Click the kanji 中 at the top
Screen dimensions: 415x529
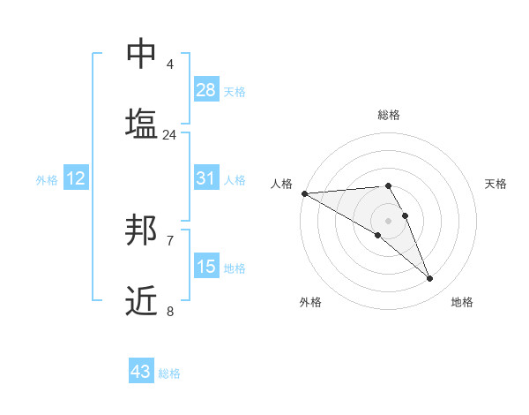[x=142, y=54]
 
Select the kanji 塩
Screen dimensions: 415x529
[x=142, y=123]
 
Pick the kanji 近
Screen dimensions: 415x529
[x=142, y=300]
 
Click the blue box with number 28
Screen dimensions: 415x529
[x=206, y=90]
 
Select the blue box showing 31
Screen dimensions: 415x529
[x=206, y=178]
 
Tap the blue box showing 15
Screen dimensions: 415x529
[x=206, y=266]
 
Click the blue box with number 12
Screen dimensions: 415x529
[x=76, y=178]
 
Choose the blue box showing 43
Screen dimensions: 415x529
[x=141, y=372]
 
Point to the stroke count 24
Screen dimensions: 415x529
[x=169, y=134]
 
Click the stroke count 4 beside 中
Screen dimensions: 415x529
[x=169, y=64]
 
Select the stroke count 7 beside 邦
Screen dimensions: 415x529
[x=169, y=240]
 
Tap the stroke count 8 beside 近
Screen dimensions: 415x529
[x=169, y=311]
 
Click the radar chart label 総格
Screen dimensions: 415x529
[x=389, y=115]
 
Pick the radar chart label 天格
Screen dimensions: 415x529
[x=495, y=184]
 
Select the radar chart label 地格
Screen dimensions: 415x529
[x=462, y=302]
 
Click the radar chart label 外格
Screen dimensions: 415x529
[x=310, y=302]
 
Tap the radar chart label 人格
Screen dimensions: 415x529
[x=281, y=184]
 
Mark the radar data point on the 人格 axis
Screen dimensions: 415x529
[x=304, y=193]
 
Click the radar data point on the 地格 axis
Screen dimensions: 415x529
[x=430, y=279]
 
